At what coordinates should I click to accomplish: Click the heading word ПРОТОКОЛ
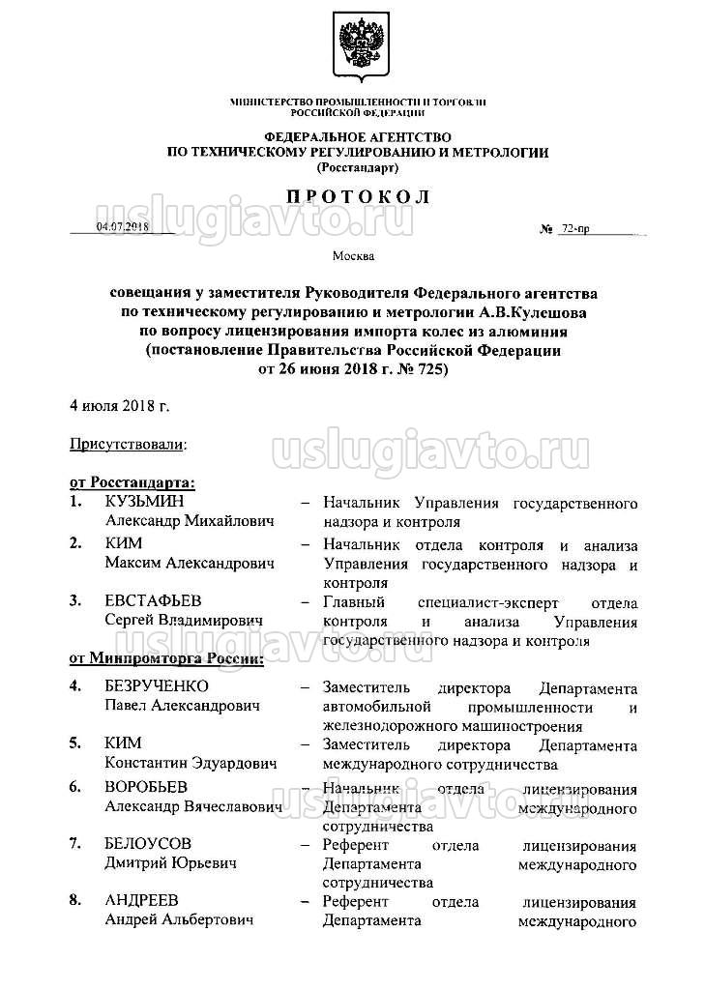pos(357,197)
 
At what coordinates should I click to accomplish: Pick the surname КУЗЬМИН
pos(144,503)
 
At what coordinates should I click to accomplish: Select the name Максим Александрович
pos(190,563)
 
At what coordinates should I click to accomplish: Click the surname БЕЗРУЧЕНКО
pos(157,687)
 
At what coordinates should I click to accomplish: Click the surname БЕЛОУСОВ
pos(148,844)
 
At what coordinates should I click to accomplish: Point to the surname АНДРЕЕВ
pos(141,901)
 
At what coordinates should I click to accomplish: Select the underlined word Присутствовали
pos(127,445)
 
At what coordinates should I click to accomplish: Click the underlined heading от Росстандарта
pos(132,480)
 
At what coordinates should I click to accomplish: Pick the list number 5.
pos(74,743)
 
